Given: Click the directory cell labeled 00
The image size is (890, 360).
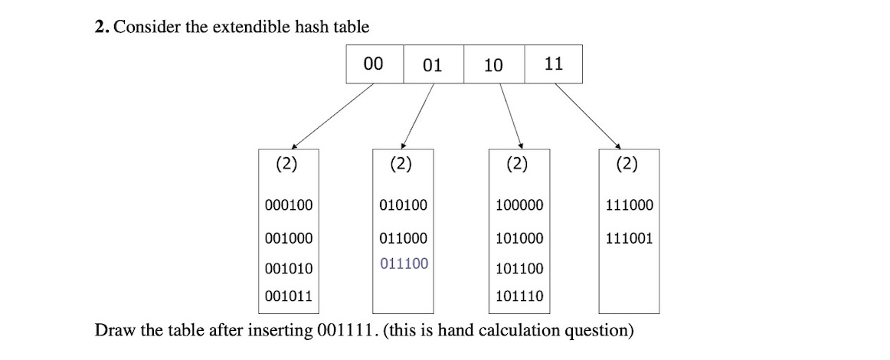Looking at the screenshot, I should coord(374,64).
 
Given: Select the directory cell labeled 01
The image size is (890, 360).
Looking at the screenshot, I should coord(433,64).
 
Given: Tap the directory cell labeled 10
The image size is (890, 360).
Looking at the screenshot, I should coord(494,64).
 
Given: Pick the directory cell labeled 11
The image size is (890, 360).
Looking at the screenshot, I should coord(553,64).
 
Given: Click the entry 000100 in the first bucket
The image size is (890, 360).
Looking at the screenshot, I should coord(289,205).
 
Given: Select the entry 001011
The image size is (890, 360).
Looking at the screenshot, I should coord(289,296).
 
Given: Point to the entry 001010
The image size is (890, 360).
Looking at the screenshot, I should coord(289,269).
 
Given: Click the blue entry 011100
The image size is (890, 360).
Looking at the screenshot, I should coord(404,264).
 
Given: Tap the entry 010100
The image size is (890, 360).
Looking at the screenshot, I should coord(404,205).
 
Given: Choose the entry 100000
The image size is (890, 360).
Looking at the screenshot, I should coord(520,205).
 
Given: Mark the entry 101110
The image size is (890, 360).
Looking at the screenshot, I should coord(520,296).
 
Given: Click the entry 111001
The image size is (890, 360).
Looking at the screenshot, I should coord(629,238).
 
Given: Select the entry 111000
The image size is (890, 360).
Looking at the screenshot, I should coord(629,205).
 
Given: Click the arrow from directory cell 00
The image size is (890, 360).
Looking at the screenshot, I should coord(333,114).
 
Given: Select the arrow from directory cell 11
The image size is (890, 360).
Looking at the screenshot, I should coord(587,114).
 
